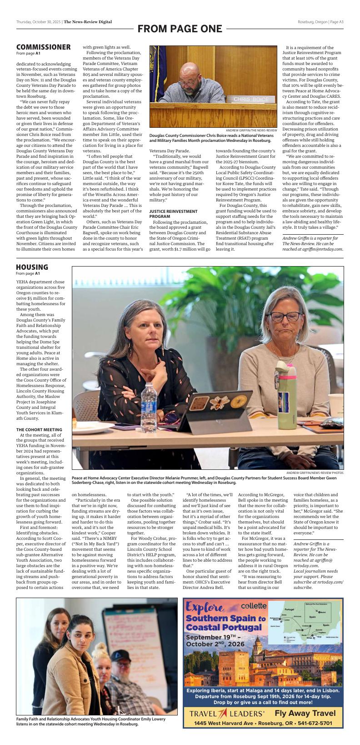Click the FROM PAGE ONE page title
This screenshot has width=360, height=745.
(180, 29)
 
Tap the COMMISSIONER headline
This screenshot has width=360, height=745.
(43, 47)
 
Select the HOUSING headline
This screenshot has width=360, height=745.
(32, 267)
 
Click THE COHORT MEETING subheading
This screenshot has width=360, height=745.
(39, 429)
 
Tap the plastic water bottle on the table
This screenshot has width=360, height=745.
(148, 402)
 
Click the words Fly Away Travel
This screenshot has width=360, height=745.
(305, 713)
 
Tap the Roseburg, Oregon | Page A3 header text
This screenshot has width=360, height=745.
(320, 22)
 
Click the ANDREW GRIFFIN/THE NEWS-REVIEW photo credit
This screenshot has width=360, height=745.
(251, 131)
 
